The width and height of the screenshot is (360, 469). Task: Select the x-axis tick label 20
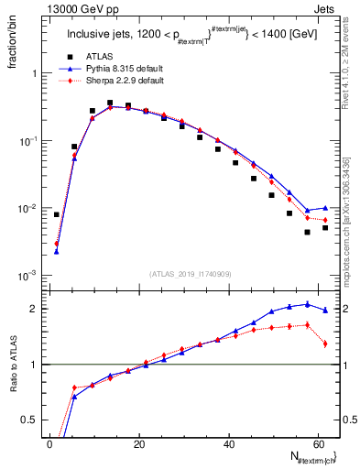(139, 444)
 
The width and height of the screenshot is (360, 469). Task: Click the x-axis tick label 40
(229, 444)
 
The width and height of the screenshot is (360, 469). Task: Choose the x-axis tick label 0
(50, 444)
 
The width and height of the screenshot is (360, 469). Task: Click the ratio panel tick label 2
(33, 309)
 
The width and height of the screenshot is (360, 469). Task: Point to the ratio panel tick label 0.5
(29, 420)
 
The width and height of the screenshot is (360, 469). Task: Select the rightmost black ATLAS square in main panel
(325, 227)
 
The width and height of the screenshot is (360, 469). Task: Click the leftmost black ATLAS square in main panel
(57, 214)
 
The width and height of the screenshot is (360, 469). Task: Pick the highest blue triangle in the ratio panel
(307, 304)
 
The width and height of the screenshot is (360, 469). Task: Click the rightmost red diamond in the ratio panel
(325, 344)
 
